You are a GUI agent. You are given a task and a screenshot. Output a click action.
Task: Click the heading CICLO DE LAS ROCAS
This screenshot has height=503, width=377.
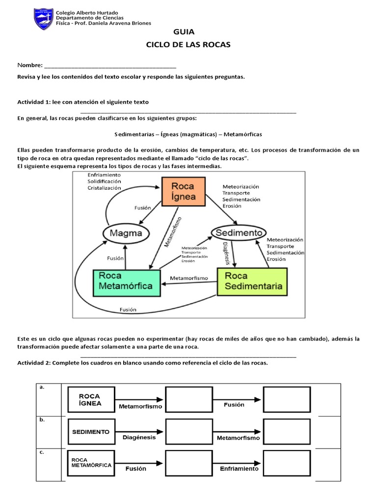[188, 45]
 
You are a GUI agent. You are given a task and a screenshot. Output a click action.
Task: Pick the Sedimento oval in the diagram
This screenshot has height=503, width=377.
[238, 231]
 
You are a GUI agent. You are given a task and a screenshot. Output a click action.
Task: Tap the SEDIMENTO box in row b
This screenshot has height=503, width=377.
[91, 432]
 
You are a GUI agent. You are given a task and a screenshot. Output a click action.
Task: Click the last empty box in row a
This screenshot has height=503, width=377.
[287, 399]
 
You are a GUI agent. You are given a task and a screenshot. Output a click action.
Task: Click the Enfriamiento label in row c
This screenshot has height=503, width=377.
[239, 469]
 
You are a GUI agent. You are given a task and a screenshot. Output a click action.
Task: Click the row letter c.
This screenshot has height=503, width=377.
[42, 452]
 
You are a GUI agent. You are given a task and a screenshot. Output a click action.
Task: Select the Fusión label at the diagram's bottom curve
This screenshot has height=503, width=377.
[128, 309]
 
